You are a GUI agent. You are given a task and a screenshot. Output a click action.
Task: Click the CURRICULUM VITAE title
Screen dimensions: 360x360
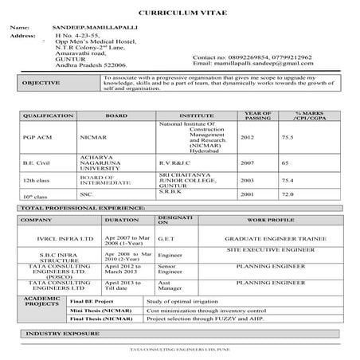pyautogui.click(x=179, y=15)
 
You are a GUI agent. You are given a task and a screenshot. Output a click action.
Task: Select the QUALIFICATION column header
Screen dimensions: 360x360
pyautogui.click(x=48, y=115)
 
